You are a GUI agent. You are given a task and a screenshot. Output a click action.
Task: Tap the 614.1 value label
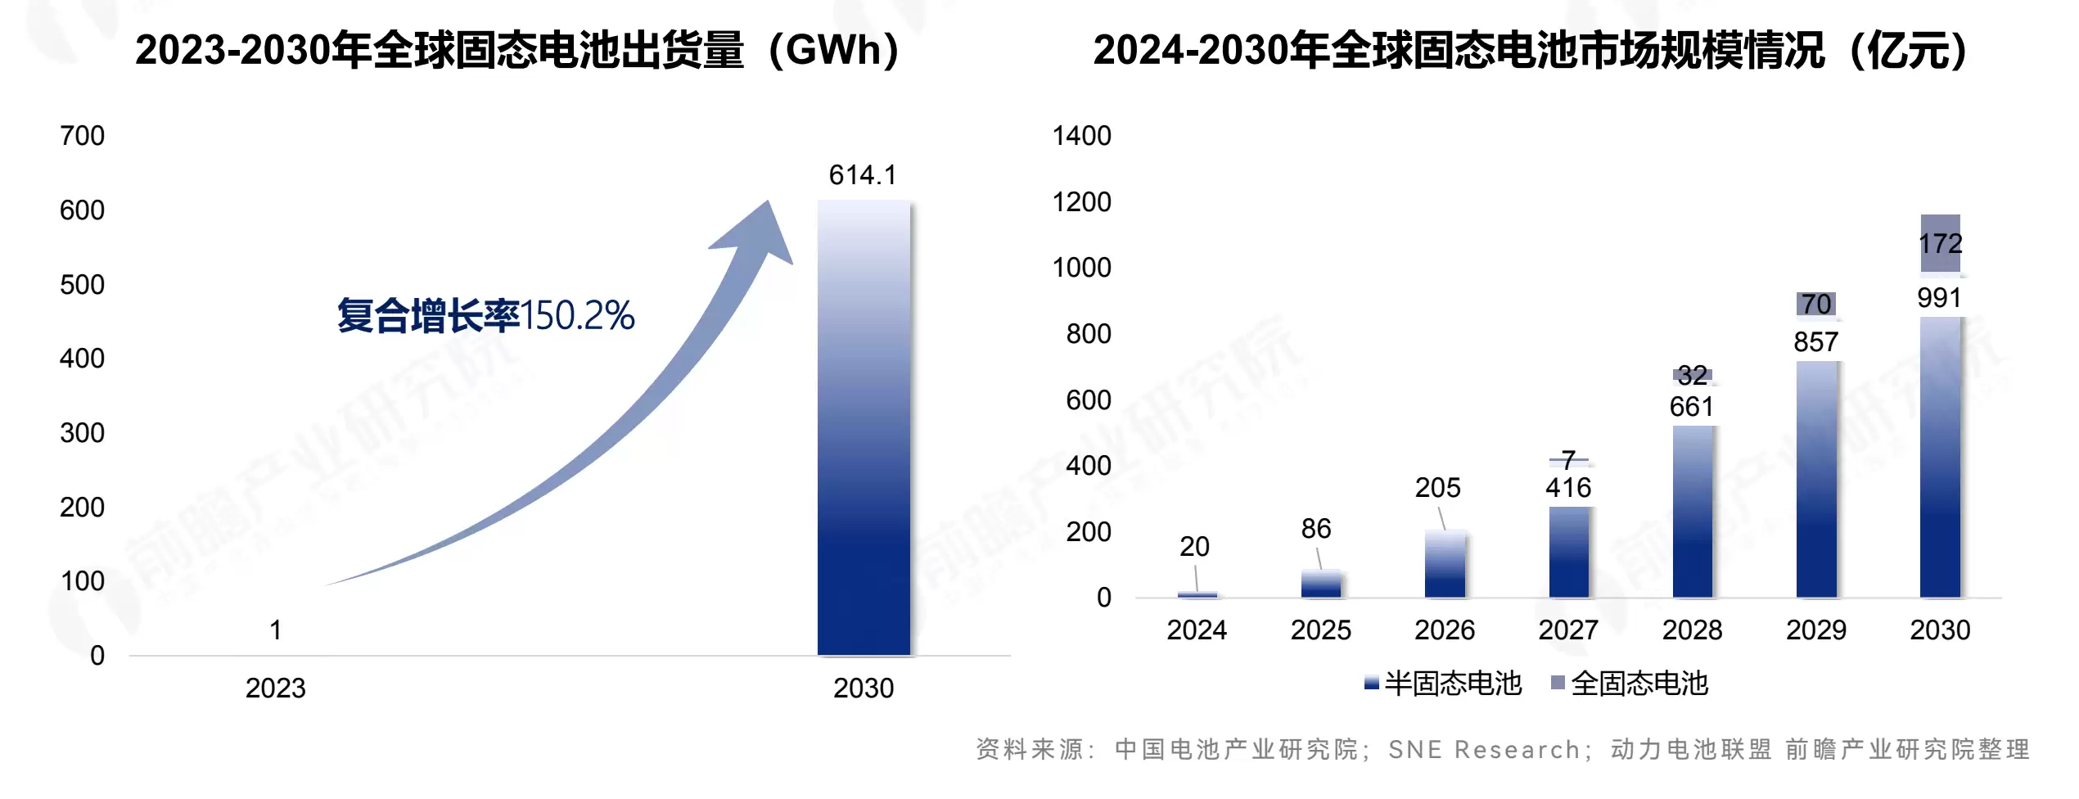tap(863, 175)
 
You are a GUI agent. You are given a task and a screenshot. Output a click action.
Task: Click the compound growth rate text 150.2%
tap(577, 316)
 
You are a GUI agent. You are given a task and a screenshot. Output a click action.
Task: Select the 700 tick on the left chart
tap(82, 136)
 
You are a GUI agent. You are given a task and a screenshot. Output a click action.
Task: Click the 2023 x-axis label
tap(275, 688)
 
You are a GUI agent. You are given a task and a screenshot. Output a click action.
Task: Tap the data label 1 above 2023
tap(276, 630)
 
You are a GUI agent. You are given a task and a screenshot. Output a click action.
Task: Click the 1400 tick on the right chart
tap(1081, 136)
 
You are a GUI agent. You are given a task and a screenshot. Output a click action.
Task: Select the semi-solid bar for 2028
tap(1693, 512)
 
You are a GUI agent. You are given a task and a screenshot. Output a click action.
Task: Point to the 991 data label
tap(1939, 298)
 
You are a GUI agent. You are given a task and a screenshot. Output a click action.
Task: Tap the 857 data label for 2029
tap(1815, 342)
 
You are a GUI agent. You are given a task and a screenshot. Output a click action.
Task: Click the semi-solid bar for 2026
tap(1445, 564)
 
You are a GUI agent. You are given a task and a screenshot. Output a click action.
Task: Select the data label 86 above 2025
tap(1316, 529)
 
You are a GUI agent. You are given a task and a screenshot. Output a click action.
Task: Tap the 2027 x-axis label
tap(1568, 630)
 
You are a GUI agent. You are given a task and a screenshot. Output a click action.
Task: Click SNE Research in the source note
tap(1483, 750)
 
